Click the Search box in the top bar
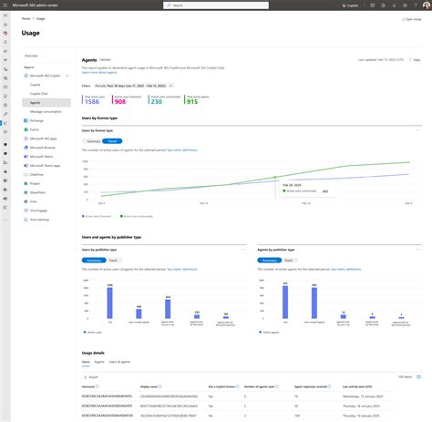(x=215, y=5)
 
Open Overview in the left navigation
(x=31, y=56)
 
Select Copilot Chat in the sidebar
(x=38, y=94)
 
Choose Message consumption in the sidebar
(x=46, y=111)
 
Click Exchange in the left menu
(x=36, y=120)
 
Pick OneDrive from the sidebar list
(x=36, y=173)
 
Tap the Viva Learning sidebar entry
(x=38, y=220)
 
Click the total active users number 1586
(x=90, y=102)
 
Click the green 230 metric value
(x=156, y=102)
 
